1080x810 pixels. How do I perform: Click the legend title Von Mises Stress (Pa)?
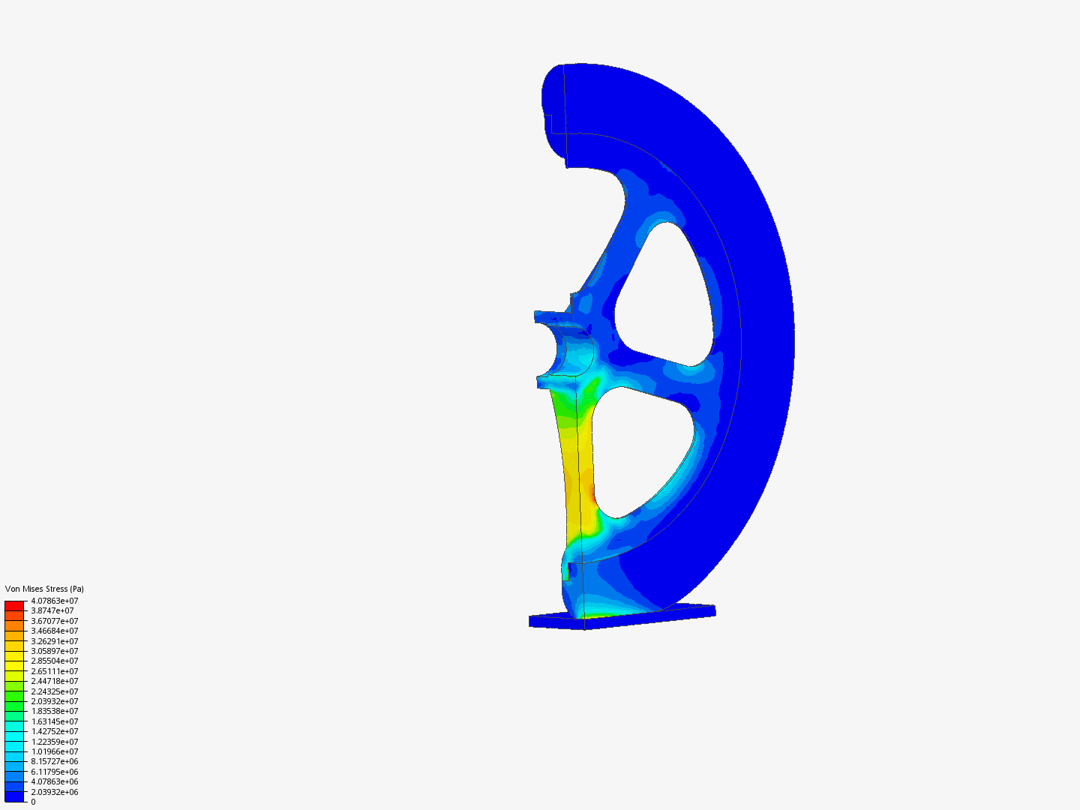[44, 589]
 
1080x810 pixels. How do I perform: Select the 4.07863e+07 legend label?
[55, 601]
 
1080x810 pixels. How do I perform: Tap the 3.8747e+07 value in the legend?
[52, 610]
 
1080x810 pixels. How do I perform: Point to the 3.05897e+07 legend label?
[55, 651]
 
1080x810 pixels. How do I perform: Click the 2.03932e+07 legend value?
[55, 701]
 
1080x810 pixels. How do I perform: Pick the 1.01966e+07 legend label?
[55, 751]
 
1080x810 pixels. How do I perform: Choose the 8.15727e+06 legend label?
[55, 761]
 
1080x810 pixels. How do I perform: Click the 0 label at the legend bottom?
[34, 802]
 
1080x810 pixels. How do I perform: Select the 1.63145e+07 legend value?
[55, 721]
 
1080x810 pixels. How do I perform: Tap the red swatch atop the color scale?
[14, 606]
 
